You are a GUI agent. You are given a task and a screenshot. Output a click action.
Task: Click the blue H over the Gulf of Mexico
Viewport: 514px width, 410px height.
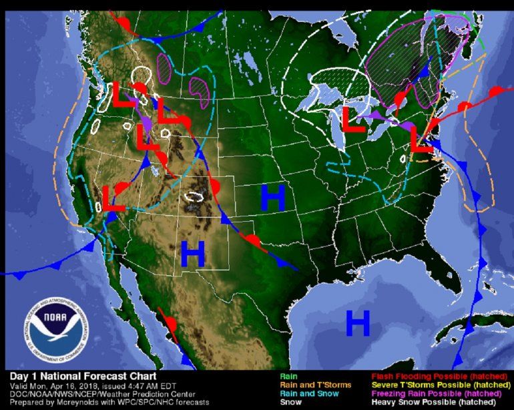358,324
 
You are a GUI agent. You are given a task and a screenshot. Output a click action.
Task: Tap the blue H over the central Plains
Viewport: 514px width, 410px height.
273,198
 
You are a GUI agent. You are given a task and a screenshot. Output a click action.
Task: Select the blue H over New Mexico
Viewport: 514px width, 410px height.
192,253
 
